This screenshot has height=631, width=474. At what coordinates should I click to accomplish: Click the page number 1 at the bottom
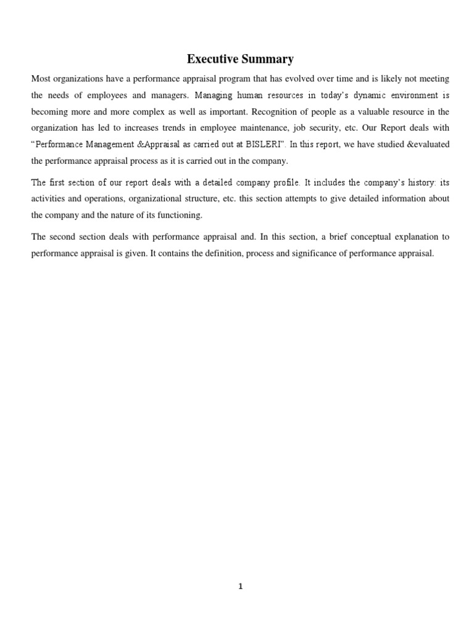point(241,587)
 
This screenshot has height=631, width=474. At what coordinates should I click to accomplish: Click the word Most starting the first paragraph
point(41,79)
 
